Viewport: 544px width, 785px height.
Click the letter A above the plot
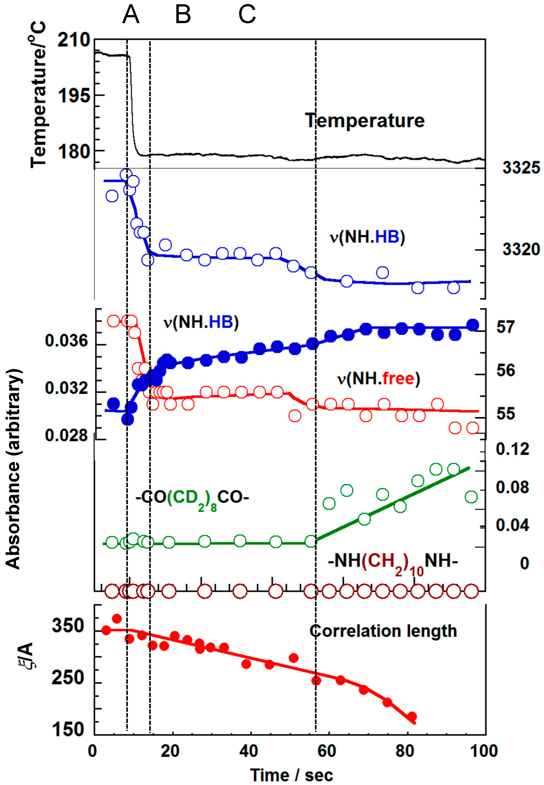pos(131,15)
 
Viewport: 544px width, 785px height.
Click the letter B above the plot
pos(183,15)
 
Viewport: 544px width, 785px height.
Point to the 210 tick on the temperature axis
pos(74,41)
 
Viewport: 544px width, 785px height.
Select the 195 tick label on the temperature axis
pos(74,96)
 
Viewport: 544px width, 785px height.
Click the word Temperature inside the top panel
pos(365,121)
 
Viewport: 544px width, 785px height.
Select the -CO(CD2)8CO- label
pos(192,498)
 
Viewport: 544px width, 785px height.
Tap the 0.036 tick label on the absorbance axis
pos(66,341)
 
